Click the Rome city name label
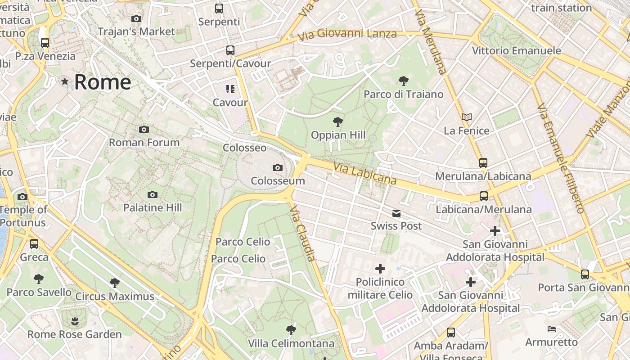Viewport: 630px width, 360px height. (103, 82)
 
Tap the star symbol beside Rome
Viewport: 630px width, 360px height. (65, 81)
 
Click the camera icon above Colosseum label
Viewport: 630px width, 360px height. (278, 168)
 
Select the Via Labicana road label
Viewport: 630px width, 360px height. (364, 174)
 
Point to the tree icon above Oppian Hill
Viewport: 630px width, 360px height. (337, 122)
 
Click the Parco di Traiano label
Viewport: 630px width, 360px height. (403, 94)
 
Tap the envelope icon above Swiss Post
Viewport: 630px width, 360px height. (396, 213)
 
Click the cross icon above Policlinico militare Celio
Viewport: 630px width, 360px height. (380, 269)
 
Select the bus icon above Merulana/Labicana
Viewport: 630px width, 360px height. (483, 163)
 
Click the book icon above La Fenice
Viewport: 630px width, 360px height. (467, 117)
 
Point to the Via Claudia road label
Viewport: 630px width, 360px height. (302, 234)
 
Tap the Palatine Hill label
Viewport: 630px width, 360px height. (153, 208)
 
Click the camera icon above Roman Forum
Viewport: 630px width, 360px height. (144, 130)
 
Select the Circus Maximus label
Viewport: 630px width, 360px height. (115, 297)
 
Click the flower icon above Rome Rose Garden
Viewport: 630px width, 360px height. (75, 321)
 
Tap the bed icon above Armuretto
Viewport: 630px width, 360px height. (552, 329)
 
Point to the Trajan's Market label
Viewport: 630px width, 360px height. (136, 31)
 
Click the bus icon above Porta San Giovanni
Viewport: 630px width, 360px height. (585, 274)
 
